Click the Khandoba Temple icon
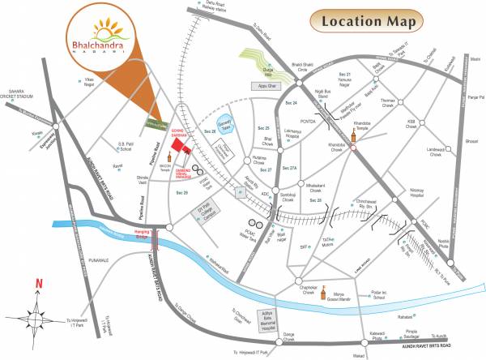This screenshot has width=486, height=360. pos(353,137)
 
